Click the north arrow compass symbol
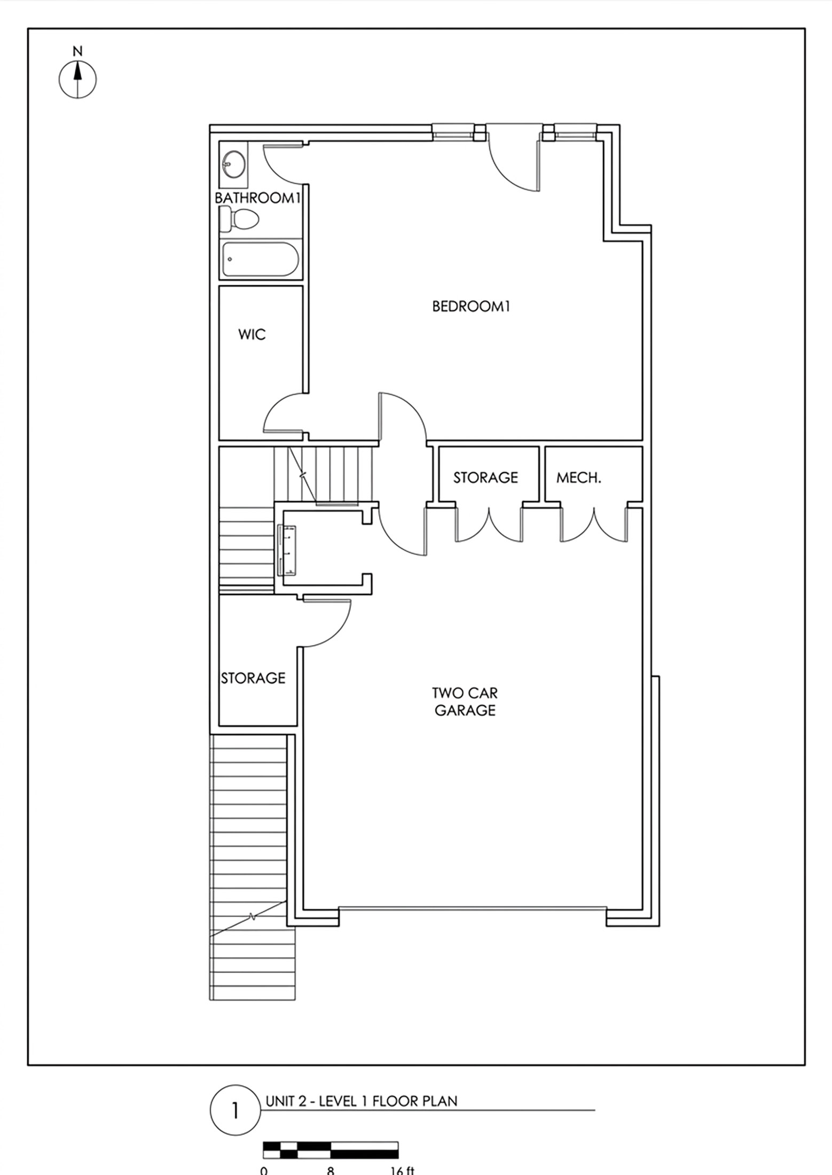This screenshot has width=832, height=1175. [77, 80]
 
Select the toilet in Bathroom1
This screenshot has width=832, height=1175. [239, 219]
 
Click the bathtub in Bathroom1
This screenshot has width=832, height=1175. [261, 259]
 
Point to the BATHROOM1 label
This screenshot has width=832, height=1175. [258, 198]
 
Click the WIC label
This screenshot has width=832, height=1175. [252, 335]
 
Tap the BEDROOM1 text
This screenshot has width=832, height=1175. [471, 307]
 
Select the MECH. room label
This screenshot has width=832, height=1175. [579, 477]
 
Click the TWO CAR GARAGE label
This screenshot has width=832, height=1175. [465, 701]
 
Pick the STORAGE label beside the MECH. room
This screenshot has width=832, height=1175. [485, 477]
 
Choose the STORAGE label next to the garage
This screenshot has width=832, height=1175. [253, 678]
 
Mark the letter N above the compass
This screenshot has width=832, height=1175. [78, 51]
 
